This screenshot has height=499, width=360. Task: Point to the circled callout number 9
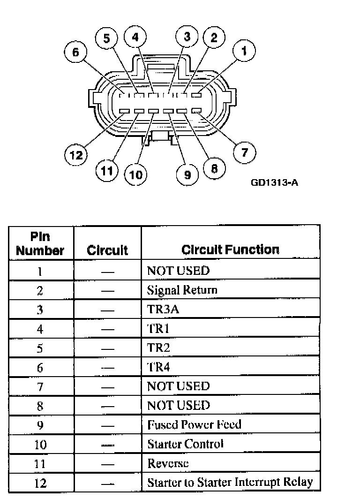(187, 175)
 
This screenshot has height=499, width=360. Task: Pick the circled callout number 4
(135, 38)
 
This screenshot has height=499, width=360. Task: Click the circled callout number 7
(245, 152)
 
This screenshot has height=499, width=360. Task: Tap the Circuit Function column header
(230, 249)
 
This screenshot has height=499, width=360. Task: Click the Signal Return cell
(182, 290)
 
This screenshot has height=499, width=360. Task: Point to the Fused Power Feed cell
(194, 424)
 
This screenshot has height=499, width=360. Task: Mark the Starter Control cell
(185, 444)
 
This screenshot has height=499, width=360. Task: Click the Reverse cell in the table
(168, 463)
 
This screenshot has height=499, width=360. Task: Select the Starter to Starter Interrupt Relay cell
(230, 482)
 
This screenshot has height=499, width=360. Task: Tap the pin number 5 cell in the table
(40, 348)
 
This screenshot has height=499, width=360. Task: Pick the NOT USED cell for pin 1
(178, 270)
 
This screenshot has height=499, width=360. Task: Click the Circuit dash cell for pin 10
(107, 444)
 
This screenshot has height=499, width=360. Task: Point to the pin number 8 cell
(40, 406)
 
